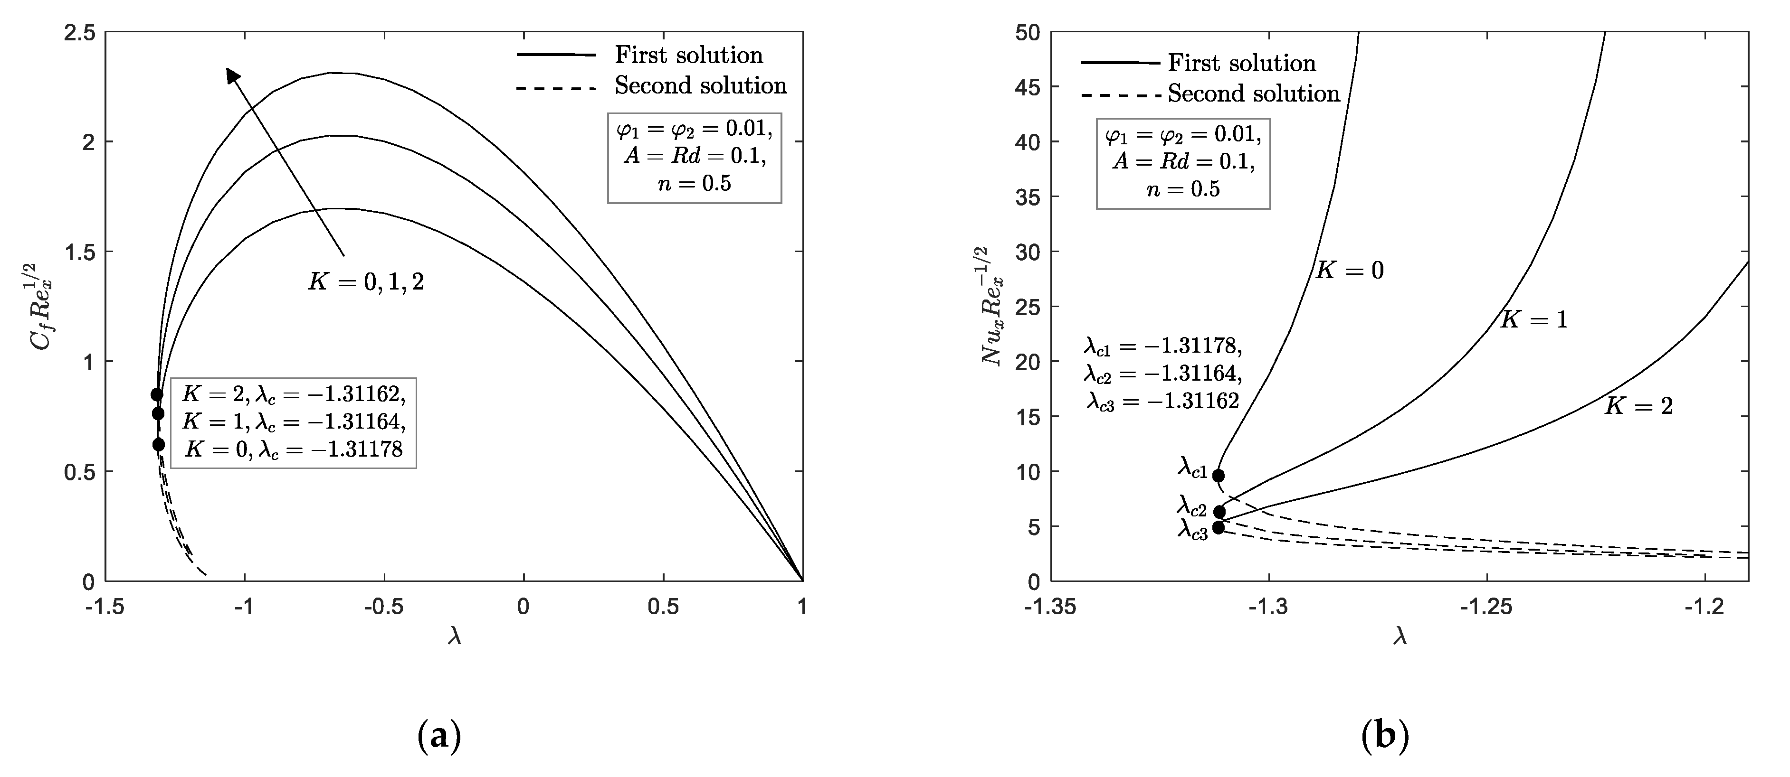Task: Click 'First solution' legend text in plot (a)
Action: [x=689, y=55]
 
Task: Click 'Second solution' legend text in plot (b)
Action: [x=1254, y=94]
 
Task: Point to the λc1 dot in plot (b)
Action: [x=1218, y=476]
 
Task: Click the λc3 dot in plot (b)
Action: [x=1218, y=528]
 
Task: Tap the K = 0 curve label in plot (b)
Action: [x=1350, y=270]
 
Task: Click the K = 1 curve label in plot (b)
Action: [x=1533, y=319]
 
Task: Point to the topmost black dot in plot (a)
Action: [x=157, y=394]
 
